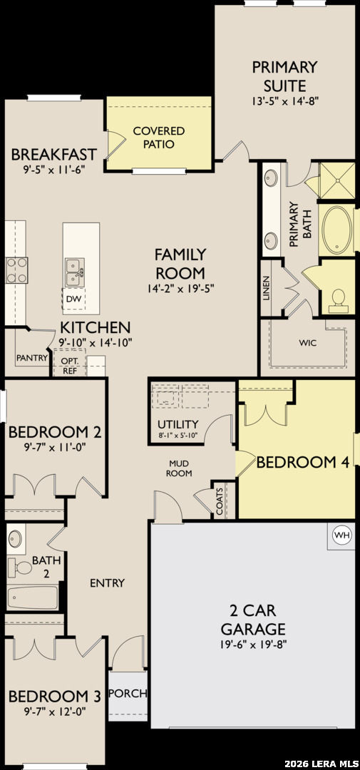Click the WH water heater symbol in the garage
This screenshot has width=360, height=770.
[x=342, y=535]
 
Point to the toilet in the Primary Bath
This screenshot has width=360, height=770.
[x=338, y=300]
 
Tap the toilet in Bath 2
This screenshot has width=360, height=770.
[x=21, y=568]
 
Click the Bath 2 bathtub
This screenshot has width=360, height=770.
[x=33, y=597]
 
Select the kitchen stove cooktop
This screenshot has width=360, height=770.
[x=16, y=271]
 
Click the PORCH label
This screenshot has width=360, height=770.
[x=128, y=694]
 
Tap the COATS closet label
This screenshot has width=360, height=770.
[x=219, y=500]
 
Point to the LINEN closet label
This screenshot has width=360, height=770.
[x=267, y=288]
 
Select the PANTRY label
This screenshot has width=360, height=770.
[x=32, y=357]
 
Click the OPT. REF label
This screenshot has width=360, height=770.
[x=68, y=365]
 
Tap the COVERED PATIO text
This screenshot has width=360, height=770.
[x=159, y=138]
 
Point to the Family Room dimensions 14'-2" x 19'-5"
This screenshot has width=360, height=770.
[x=180, y=289]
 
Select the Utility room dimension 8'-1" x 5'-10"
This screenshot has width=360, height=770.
[x=178, y=435]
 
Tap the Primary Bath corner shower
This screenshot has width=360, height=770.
[x=337, y=180]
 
